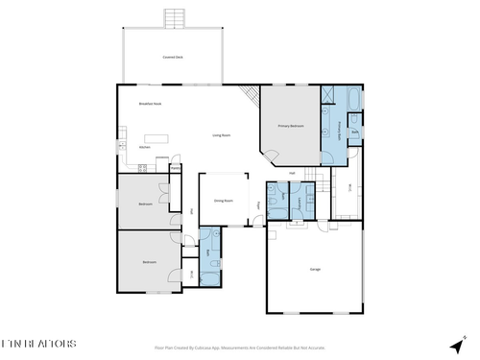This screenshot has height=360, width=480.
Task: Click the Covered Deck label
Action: click(x=173, y=58)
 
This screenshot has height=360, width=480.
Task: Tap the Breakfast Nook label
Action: click(x=149, y=104)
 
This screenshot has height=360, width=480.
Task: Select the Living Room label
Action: click(x=221, y=135)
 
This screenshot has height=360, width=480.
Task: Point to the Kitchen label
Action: click(x=144, y=147)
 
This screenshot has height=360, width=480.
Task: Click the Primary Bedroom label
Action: click(x=290, y=126)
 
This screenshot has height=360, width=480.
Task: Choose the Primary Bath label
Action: click(x=340, y=125)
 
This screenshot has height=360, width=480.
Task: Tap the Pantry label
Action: click(x=176, y=169)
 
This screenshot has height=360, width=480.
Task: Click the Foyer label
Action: click(x=258, y=204)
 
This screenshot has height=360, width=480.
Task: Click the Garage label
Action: click(x=314, y=269)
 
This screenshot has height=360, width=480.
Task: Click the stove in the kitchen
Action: click(x=141, y=169)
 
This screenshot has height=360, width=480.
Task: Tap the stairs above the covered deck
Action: click(x=173, y=19)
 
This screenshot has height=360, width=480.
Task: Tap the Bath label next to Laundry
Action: click(x=276, y=202)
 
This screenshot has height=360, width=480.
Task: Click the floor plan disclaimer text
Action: click(x=240, y=348)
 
